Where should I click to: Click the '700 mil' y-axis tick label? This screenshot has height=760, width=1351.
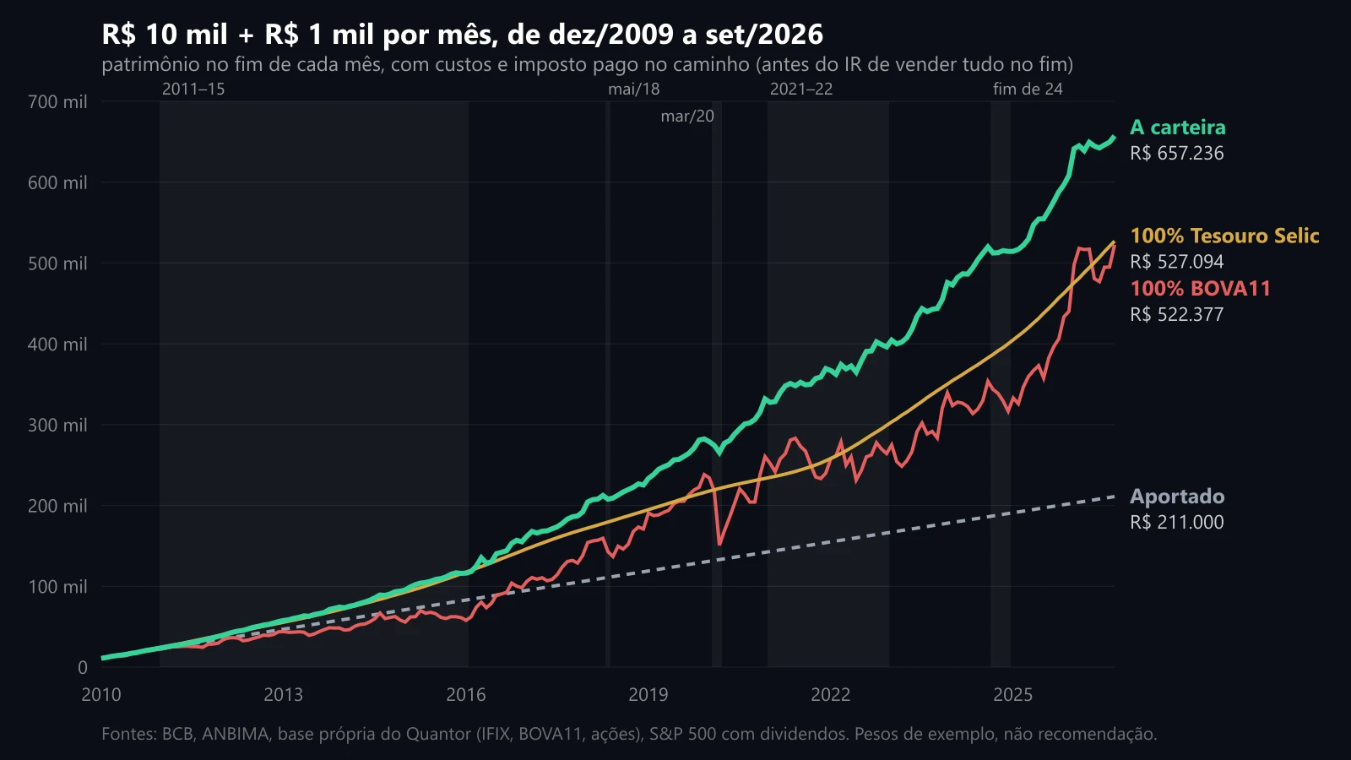coord(58,102)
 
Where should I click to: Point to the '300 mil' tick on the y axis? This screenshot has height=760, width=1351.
coord(58,426)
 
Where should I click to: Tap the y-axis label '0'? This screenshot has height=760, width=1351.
coord(83,668)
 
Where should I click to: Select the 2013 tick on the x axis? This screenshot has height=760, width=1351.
coord(284,695)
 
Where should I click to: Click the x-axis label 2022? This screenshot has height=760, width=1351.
coord(831,695)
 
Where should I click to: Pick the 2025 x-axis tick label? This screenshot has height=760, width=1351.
coord(1012,695)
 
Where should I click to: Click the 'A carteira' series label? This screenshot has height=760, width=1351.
coord(1177,128)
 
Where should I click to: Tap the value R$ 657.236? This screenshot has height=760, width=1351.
coord(1177,153)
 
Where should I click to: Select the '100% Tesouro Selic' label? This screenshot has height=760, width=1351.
coord(1224,236)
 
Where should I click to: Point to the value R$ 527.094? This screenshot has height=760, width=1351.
coord(1177,262)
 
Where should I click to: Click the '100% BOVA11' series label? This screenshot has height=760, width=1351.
coord(1200,289)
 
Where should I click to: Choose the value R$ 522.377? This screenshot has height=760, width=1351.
coord(1177,315)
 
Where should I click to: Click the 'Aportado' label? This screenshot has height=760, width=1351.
coord(1177,497)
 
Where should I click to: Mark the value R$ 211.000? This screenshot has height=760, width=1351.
coord(1177,523)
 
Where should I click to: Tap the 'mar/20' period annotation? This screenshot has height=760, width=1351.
coord(687,117)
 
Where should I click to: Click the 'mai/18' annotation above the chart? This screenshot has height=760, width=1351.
coord(634,90)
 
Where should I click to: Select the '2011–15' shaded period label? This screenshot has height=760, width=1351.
coord(193,90)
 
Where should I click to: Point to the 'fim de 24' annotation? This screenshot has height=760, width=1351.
coord(1028,90)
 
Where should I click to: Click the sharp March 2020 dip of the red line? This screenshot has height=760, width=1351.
coord(719,544)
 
